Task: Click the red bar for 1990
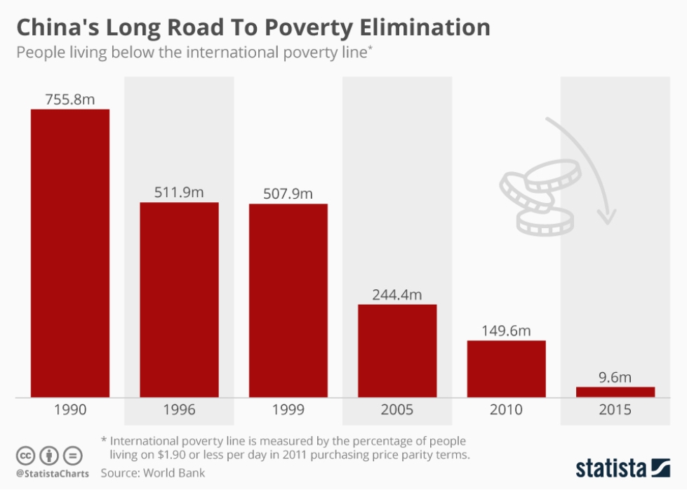[x=70, y=253]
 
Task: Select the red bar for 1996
[x=179, y=300]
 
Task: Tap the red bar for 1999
[x=288, y=301]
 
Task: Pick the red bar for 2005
[x=397, y=350]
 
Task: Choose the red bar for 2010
[x=506, y=369]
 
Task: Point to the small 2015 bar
[x=615, y=392]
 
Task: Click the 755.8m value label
[x=70, y=99]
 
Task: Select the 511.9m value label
[x=179, y=192]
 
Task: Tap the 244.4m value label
[x=397, y=294]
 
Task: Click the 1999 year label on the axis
[x=288, y=410]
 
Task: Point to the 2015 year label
[x=615, y=410]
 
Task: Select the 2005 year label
[x=397, y=410]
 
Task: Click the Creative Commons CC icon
[x=25, y=455]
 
